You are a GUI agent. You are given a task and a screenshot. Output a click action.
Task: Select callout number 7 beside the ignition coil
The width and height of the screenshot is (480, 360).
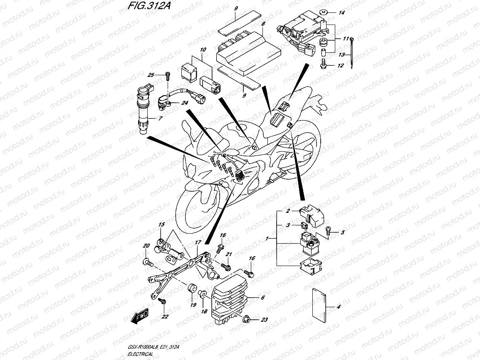(159, 118)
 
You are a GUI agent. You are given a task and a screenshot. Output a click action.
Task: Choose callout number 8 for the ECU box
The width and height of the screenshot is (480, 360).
(263, 24)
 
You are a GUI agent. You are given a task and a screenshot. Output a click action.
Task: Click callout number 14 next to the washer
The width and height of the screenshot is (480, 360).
(341, 13)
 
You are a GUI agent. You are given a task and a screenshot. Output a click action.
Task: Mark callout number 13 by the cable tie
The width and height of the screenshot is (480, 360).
(341, 55)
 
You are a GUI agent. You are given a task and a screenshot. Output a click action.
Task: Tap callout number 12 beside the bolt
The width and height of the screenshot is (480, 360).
(340, 66)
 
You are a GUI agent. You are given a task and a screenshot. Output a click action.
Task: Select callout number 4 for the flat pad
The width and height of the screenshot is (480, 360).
(338, 307)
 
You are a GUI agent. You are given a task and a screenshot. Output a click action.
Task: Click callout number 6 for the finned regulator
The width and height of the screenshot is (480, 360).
(263, 298)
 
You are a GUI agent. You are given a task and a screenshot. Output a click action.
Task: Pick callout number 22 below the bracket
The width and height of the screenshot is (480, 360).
(165, 316)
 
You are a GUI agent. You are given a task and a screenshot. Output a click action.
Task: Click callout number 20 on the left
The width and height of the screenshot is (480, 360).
(146, 246)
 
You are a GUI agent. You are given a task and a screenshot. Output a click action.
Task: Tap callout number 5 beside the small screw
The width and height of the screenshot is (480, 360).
(343, 232)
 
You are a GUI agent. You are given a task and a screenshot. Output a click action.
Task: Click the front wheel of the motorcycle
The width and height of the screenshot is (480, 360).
(195, 208)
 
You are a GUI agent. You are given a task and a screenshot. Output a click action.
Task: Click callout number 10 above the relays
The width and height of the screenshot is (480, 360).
(203, 50)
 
